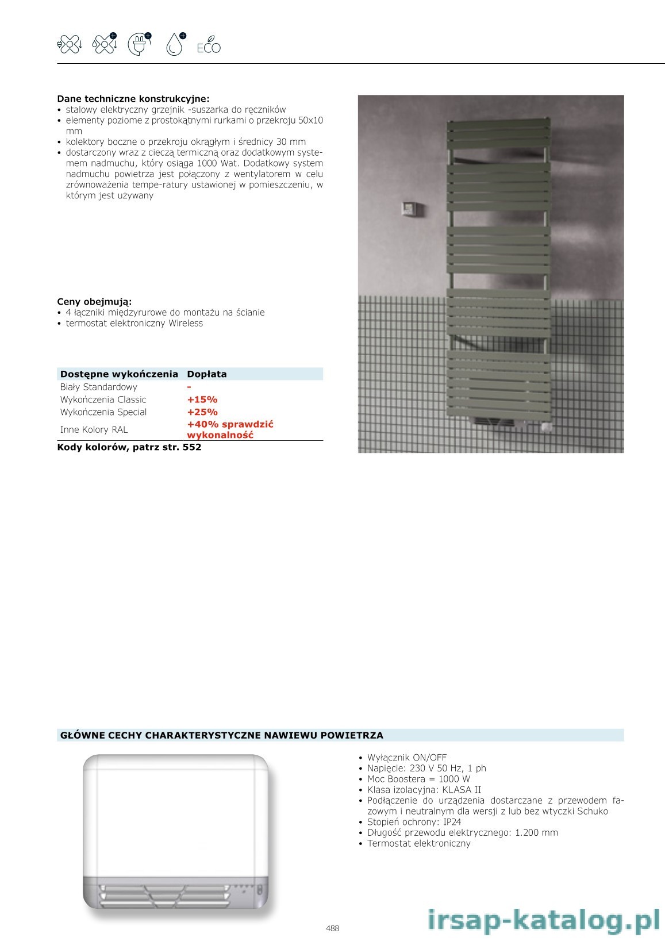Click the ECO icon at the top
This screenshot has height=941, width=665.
209,48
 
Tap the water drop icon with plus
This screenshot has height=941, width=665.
175,44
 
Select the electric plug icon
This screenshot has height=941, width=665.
140,44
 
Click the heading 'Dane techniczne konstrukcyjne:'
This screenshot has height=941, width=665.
133,99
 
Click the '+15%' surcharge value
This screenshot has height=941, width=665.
202,400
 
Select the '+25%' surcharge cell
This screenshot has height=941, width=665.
202,412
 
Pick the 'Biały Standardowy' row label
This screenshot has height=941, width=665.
99,387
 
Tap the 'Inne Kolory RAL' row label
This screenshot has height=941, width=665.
94,429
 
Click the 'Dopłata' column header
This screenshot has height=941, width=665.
207,374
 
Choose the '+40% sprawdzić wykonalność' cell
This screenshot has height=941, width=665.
230,429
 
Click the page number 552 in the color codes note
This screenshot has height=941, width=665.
192,447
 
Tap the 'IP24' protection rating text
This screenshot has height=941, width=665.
452,822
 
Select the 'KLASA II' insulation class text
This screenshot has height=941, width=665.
462,790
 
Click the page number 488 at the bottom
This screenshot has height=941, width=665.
332,928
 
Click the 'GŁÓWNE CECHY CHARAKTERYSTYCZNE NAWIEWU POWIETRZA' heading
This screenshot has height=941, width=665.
222,735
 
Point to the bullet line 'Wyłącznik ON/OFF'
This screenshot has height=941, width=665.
407,758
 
